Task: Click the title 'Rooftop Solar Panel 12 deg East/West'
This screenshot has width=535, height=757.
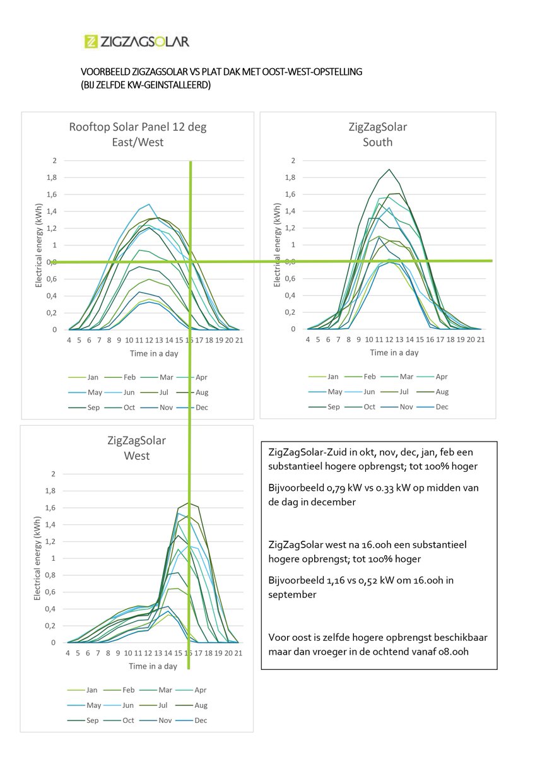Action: (138, 134)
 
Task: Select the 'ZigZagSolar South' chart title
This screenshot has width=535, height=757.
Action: (377, 134)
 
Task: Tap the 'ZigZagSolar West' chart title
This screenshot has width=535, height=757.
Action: (137, 447)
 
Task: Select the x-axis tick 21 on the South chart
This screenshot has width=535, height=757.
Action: (480, 340)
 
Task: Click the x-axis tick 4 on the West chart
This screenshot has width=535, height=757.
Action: (68, 654)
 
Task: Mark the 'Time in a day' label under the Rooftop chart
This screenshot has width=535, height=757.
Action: (154, 353)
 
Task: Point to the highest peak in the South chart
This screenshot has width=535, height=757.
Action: (389, 169)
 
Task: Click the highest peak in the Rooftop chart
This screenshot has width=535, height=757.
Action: (149, 204)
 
